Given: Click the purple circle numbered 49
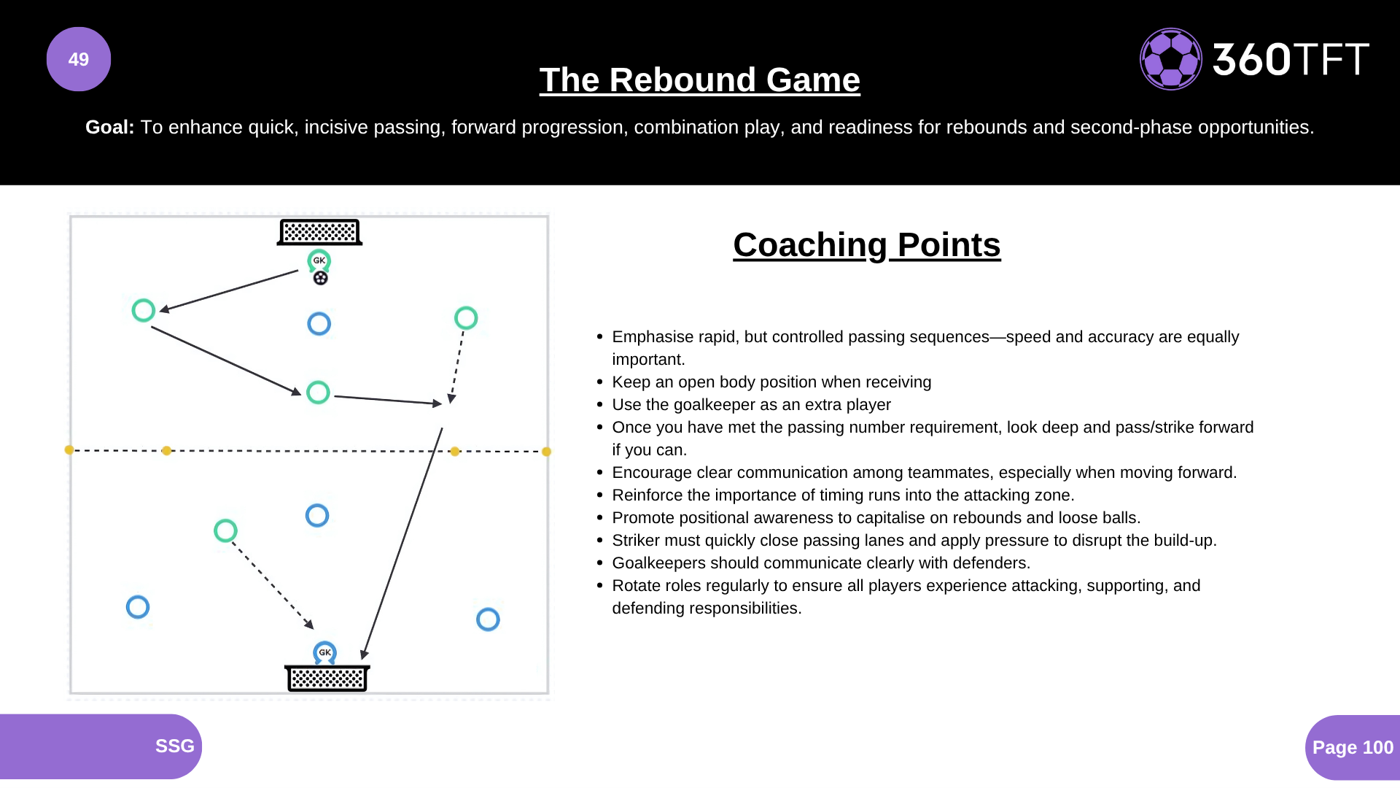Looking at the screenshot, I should [x=79, y=59].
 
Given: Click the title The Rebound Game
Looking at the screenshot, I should [x=699, y=80].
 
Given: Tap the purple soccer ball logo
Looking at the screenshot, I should [x=1170, y=59].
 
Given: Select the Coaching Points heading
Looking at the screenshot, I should [x=866, y=244].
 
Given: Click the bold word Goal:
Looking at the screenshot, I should [x=109, y=127].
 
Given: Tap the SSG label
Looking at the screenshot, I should [x=174, y=746].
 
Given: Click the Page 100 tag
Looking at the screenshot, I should [x=1352, y=747].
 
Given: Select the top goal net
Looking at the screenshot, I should [x=319, y=232].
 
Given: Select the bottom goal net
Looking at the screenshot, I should [x=327, y=678].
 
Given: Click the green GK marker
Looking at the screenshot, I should [x=319, y=260].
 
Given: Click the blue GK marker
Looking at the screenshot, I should [x=324, y=652].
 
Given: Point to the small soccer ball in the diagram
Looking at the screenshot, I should [x=320, y=278].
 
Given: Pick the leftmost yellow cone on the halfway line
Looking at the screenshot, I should [x=69, y=450].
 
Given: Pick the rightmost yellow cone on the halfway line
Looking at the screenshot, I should [x=546, y=452].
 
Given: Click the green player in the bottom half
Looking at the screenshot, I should [x=225, y=530].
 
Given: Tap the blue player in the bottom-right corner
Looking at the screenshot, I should [x=488, y=619].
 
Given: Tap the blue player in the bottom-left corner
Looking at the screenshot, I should [x=138, y=607].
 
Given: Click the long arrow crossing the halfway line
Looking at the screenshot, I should [x=402, y=544].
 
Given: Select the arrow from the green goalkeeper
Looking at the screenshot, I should [x=229, y=291].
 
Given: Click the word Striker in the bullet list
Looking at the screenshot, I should [x=637, y=541].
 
